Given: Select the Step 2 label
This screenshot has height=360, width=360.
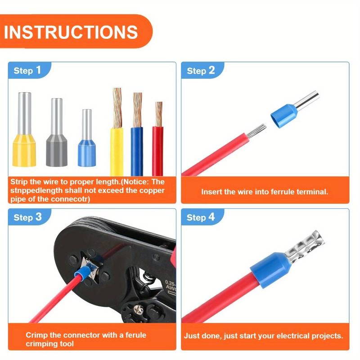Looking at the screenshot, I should [x=201, y=70].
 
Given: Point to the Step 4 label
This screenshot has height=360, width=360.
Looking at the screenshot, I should [x=201, y=217].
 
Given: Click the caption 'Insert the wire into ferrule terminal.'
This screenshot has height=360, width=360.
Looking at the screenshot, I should [x=265, y=192].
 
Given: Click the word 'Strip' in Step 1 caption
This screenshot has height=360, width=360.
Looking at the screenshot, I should [x=21, y=182].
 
